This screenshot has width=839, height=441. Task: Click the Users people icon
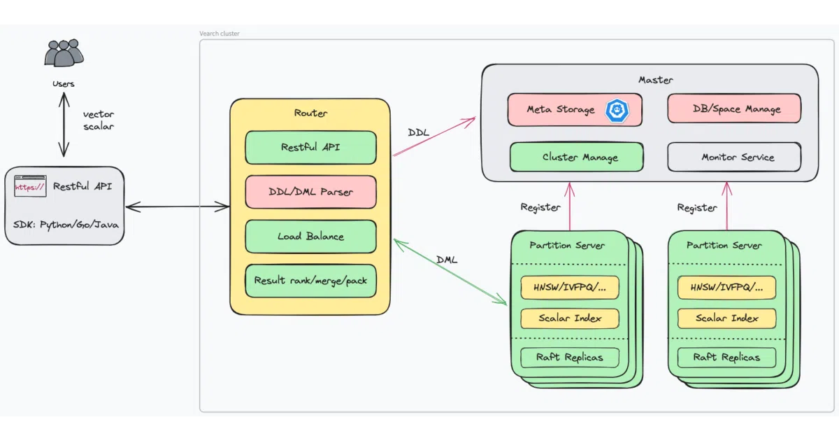point(64,53)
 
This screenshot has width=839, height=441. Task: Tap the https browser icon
point(30,185)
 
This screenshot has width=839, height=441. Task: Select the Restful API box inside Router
point(310,148)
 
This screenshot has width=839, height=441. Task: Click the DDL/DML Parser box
point(310,192)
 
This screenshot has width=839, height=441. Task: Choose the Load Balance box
point(310,237)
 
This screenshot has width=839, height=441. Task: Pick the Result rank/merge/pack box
point(310,281)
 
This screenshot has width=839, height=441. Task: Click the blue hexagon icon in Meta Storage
point(617,111)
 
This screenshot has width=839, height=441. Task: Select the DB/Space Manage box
point(734,108)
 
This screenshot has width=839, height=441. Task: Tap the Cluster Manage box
point(577,157)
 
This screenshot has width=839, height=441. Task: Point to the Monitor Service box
point(734,157)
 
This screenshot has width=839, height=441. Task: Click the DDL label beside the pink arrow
point(418,132)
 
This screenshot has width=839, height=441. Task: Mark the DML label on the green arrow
point(447,260)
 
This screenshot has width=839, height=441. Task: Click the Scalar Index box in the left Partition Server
point(570,318)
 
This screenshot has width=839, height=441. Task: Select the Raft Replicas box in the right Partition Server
point(726,358)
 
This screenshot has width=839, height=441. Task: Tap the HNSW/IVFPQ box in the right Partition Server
point(726,288)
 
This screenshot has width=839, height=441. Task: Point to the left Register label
point(540,207)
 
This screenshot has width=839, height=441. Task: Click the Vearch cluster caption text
point(220,34)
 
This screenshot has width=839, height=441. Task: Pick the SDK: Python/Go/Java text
point(66,225)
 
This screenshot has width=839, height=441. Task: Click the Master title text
point(656,80)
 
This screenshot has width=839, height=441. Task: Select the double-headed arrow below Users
point(64,125)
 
